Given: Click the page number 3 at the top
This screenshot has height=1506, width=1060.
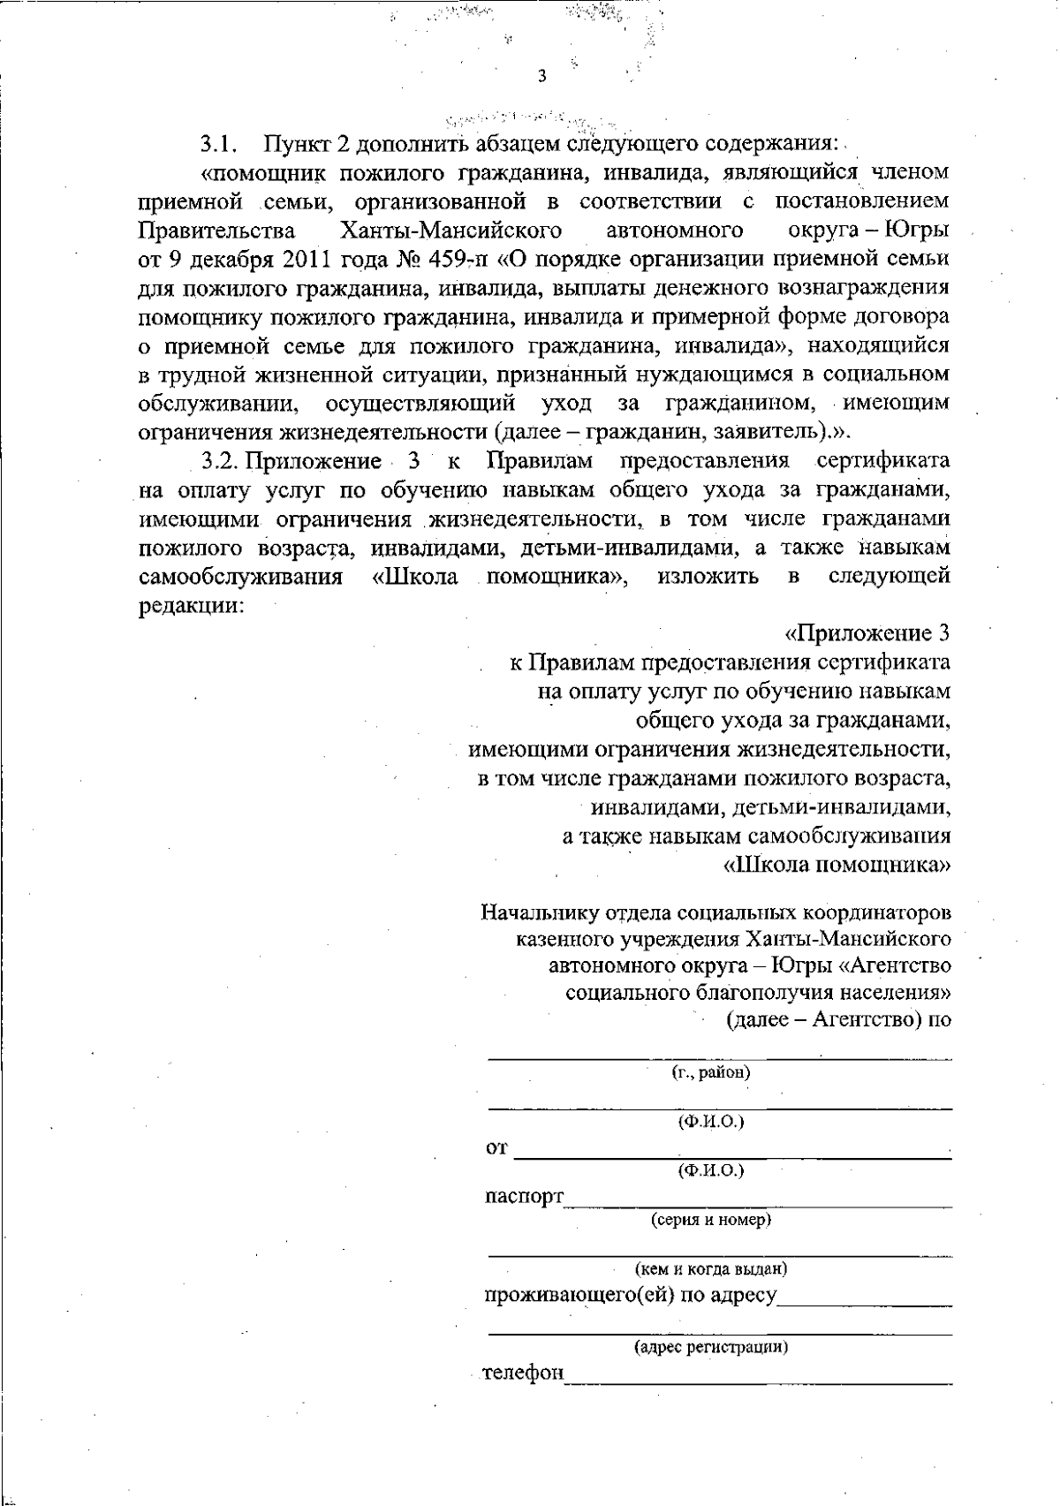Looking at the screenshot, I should click(541, 77).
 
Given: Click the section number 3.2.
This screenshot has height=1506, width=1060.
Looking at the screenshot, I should click(222, 461).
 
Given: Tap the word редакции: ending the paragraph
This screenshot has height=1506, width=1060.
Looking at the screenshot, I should click(191, 605).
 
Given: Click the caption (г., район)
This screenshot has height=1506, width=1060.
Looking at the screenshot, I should click(711, 1073).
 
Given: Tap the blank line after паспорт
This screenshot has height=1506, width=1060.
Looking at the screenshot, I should click(758, 1203).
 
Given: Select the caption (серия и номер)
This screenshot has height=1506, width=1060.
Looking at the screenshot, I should click(711, 1220).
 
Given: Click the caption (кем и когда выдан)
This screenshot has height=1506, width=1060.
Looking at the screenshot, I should click(711, 1269).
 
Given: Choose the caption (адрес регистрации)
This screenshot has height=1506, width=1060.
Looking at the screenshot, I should click(711, 1347).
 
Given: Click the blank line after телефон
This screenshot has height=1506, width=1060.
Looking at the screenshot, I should click(758, 1380).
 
